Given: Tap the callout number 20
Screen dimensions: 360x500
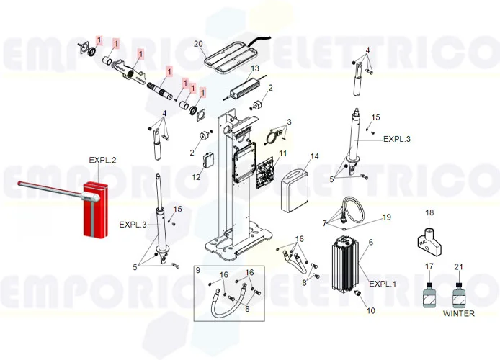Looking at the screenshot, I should click(198, 44).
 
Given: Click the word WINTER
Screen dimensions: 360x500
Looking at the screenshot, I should click(458, 314).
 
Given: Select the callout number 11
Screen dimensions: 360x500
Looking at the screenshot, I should click(282, 153).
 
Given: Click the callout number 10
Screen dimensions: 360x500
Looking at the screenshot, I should click(371, 311).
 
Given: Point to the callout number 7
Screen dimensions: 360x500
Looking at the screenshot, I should click(325, 222).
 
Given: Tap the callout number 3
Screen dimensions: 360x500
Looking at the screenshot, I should click(289, 122).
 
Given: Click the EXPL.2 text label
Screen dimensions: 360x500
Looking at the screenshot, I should click(102, 159).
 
